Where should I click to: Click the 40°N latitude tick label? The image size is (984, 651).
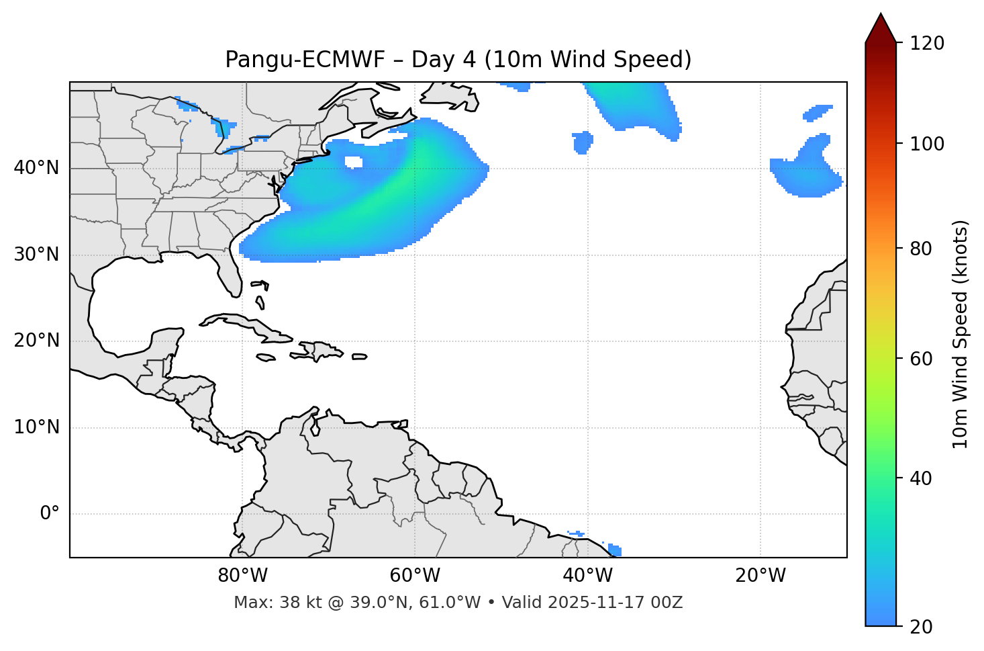coord(36,168)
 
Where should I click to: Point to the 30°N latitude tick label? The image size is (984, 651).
coord(36,255)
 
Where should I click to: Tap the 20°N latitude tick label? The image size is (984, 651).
coord(36,341)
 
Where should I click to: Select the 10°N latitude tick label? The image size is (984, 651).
coord(36,427)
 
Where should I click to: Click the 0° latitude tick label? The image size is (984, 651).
coord(50,514)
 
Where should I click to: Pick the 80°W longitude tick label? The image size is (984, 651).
coord(242,576)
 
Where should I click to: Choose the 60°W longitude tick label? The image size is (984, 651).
coord(415,576)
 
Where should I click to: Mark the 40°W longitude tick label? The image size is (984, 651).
coord(587,576)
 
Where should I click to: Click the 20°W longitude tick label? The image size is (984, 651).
coord(760,576)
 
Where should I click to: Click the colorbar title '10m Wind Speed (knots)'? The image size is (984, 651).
coord(961,334)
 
